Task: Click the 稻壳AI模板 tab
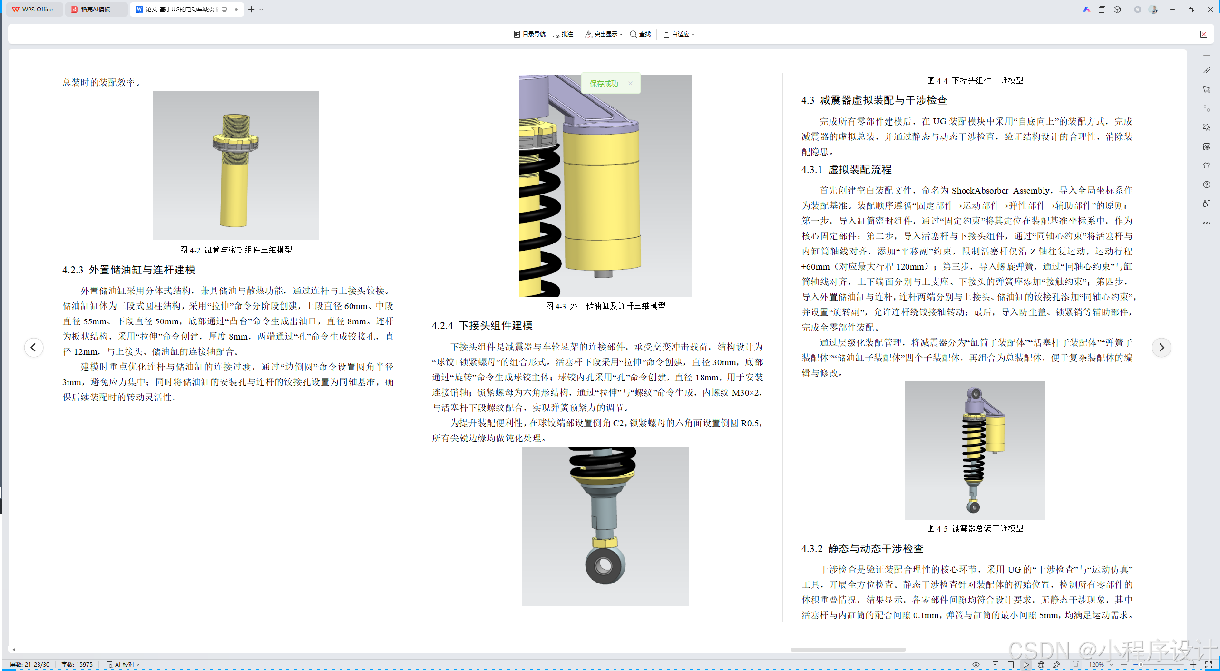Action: click(96, 10)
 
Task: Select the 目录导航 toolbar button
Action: click(530, 34)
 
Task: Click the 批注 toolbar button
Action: click(563, 34)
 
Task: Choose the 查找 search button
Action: click(640, 34)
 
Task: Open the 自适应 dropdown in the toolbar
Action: click(679, 34)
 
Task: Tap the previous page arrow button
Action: click(33, 348)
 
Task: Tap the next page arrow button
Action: click(1161, 348)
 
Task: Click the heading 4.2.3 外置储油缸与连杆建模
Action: click(129, 270)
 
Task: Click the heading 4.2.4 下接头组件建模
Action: click(482, 326)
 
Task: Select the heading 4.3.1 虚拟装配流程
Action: click(847, 170)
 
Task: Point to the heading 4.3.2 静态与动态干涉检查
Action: click(862, 549)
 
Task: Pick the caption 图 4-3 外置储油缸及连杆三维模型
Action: click(605, 306)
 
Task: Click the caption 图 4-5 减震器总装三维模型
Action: click(975, 529)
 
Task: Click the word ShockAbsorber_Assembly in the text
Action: click(1001, 191)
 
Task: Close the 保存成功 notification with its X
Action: click(630, 83)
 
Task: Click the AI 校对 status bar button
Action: click(123, 665)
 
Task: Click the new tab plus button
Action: click(251, 10)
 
